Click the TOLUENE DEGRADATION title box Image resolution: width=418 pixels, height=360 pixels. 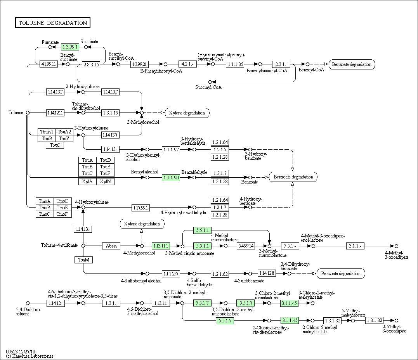(x=52, y=23)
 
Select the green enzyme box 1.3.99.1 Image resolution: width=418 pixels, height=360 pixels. (x=70, y=47)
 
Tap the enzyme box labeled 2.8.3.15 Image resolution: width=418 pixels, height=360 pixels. (x=91, y=64)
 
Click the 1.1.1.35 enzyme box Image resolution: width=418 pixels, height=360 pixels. (x=235, y=64)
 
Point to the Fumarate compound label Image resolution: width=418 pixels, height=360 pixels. (x=50, y=42)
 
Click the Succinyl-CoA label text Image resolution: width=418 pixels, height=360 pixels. (x=208, y=87)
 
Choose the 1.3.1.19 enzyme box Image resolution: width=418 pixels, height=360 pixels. (x=111, y=113)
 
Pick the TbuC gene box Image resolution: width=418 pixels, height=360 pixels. (x=55, y=145)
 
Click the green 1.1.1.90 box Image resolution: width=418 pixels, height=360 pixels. (x=171, y=178)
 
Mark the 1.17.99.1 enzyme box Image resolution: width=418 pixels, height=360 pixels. (x=140, y=208)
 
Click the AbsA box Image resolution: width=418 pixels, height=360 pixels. (x=111, y=246)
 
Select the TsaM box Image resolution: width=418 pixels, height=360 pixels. (x=83, y=260)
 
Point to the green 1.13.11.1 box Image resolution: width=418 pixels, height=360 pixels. (x=161, y=246)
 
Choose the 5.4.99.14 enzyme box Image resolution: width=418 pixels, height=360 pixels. (x=246, y=246)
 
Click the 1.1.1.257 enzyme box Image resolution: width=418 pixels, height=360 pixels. (x=171, y=274)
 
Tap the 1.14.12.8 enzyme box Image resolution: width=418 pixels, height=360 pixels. (x=267, y=273)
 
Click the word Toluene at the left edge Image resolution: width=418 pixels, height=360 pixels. (x=16, y=113)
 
